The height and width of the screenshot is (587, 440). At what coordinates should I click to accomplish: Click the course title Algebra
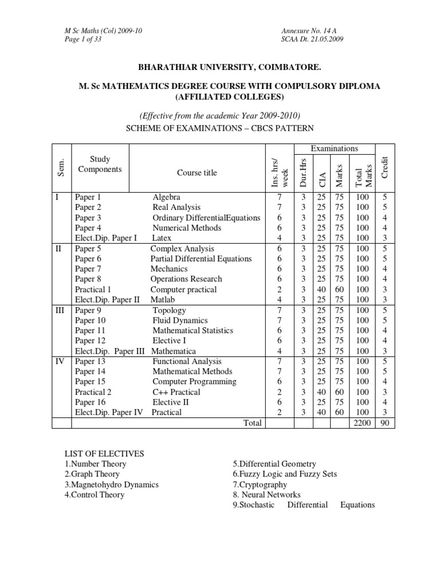[166, 197]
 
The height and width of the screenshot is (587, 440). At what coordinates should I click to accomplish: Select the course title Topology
[169, 310]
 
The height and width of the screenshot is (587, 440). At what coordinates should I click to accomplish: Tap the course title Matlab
[163, 300]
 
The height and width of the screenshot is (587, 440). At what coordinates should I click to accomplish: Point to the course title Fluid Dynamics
[180, 320]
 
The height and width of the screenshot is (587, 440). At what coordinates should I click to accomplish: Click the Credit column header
[386, 166]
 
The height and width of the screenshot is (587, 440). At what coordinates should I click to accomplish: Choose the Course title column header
[197, 173]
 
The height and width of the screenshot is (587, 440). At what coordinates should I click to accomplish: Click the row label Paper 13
[91, 361]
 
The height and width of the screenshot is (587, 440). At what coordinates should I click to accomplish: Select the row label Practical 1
[93, 289]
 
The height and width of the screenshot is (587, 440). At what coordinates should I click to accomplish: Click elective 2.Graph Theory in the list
[92, 474]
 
